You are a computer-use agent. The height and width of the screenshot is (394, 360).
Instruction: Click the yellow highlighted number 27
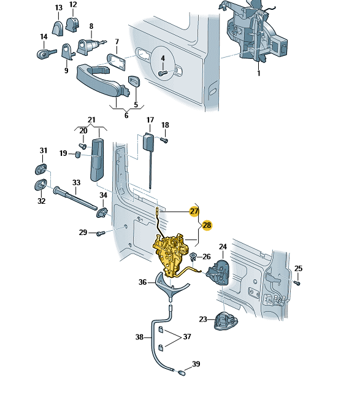[194, 211]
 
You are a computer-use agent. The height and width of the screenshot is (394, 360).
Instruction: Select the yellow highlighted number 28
[207, 225]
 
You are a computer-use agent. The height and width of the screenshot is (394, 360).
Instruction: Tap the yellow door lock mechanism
[170, 254]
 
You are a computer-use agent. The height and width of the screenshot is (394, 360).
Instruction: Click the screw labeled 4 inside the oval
[163, 74]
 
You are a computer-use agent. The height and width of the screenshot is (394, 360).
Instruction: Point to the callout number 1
[259, 74]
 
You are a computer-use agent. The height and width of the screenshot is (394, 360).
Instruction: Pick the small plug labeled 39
[182, 373]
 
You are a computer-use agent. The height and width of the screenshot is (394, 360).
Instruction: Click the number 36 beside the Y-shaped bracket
[142, 282]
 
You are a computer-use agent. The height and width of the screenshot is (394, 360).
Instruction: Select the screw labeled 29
[101, 233]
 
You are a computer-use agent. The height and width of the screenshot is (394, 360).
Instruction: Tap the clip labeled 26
[193, 257]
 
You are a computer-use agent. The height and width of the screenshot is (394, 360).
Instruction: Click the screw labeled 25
[297, 283]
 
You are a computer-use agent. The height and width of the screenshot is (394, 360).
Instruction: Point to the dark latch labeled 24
[218, 272]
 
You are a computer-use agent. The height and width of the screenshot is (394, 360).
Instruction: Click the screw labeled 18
[164, 140]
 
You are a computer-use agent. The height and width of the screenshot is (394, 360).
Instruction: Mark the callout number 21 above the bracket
[91, 120]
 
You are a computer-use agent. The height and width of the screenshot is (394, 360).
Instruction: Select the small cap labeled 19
[78, 154]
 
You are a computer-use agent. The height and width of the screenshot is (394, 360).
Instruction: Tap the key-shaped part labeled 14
[47, 54]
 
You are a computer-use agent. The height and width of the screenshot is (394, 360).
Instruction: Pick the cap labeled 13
[58, 28]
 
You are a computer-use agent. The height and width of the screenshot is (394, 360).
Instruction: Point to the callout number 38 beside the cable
[139, 337]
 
